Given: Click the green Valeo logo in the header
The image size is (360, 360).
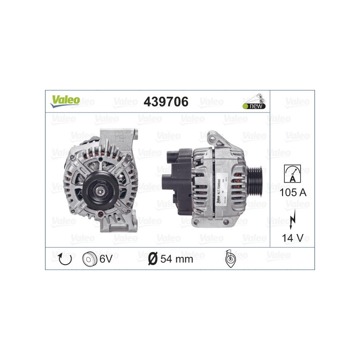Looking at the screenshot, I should (x=65, y=101).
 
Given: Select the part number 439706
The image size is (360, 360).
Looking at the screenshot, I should (x=165, y=102).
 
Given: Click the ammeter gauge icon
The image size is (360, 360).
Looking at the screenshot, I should (x=292, y=174).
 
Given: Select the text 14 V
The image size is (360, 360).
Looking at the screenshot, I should (x=292, y=238).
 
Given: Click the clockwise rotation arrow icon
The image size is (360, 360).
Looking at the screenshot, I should (x=63, y=258).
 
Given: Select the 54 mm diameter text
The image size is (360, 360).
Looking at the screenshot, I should (x=177, y=259).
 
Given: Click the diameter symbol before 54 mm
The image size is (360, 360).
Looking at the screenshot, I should (x=153, y=259).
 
